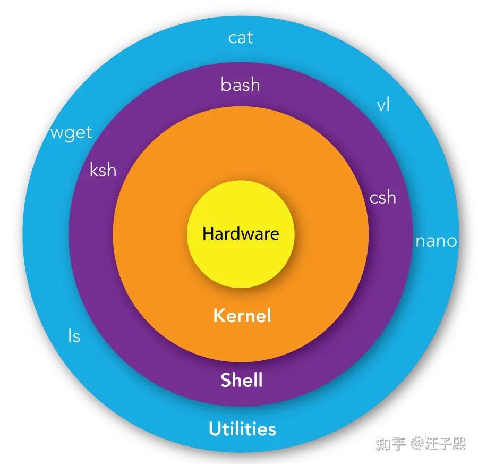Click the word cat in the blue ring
coord(240,38)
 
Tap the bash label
coord(240,85)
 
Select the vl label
coord(383,105)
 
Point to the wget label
coord(71,132)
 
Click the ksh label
coord(103,171)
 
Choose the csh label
coord(382,197)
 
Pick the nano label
coord(436,241)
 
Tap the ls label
coord(74,336)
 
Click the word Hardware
coord(240,234)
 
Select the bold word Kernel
coord(242,316)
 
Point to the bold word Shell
coord(241,380)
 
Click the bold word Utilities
coord(242,429)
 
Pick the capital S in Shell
coord(226,381)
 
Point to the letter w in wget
coord(56,132)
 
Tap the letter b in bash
coord(225,84)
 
